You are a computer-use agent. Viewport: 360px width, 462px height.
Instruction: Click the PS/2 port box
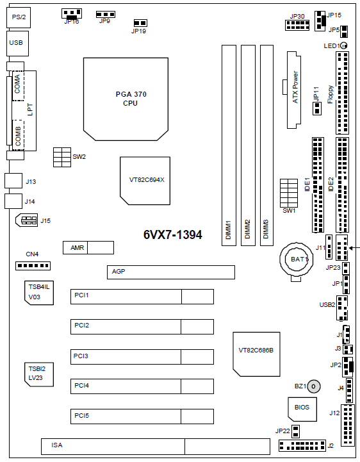click(19, 17)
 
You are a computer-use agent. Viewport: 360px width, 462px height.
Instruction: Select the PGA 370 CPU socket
click(126, 99)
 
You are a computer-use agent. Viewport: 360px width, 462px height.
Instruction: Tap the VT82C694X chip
click(145, 181)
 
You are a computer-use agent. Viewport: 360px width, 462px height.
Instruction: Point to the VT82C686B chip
click(256, 354)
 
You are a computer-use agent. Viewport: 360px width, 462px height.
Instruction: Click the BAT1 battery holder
click(297, 260)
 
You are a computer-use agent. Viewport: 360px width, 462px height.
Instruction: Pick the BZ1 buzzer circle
click(313, 386)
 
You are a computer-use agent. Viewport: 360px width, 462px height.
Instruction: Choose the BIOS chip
click(302, 409)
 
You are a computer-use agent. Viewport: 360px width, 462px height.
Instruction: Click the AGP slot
click(171, 272)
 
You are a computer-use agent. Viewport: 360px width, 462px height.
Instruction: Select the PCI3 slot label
click(81, 356)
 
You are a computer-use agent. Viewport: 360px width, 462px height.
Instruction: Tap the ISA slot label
click(57, 445)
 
